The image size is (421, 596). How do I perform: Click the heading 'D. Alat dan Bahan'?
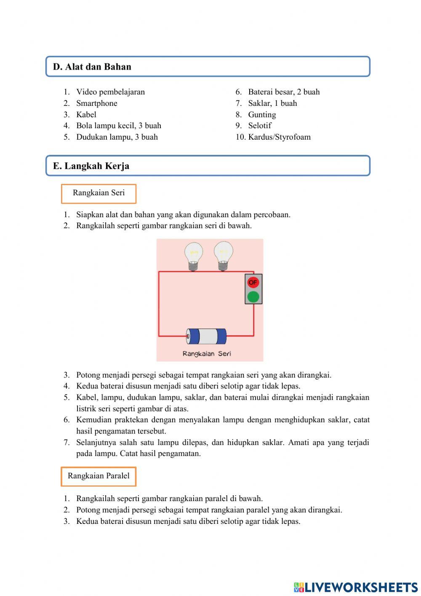point(92,67)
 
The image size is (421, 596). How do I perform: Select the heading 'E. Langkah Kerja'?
point(91,166)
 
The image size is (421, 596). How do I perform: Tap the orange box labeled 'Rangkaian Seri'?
point(99,193)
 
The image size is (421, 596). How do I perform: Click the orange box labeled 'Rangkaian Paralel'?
point(99,476)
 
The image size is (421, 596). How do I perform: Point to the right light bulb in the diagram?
point(223,255)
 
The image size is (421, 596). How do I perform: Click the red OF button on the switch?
point(253,282)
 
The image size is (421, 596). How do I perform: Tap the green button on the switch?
point(253,297)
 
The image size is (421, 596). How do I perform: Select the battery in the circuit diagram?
point(206,336)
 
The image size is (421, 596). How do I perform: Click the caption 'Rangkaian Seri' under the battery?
point(207,353)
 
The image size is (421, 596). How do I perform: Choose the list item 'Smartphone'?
point(96,103)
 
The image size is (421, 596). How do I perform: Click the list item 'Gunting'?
point(262,115)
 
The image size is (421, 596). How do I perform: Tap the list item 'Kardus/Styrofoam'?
point(279,137)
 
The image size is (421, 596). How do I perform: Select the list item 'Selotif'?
point(259,126)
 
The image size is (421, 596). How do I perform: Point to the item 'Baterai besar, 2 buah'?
point(284,92)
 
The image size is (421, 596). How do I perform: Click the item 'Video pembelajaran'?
point(110,92)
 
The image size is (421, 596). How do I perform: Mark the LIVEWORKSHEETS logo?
point(356,587)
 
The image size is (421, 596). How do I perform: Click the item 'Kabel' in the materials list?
point(86,115)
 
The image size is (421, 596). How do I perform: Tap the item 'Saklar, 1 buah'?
point(272,103)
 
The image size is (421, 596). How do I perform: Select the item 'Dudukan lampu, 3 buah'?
point(117,137)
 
